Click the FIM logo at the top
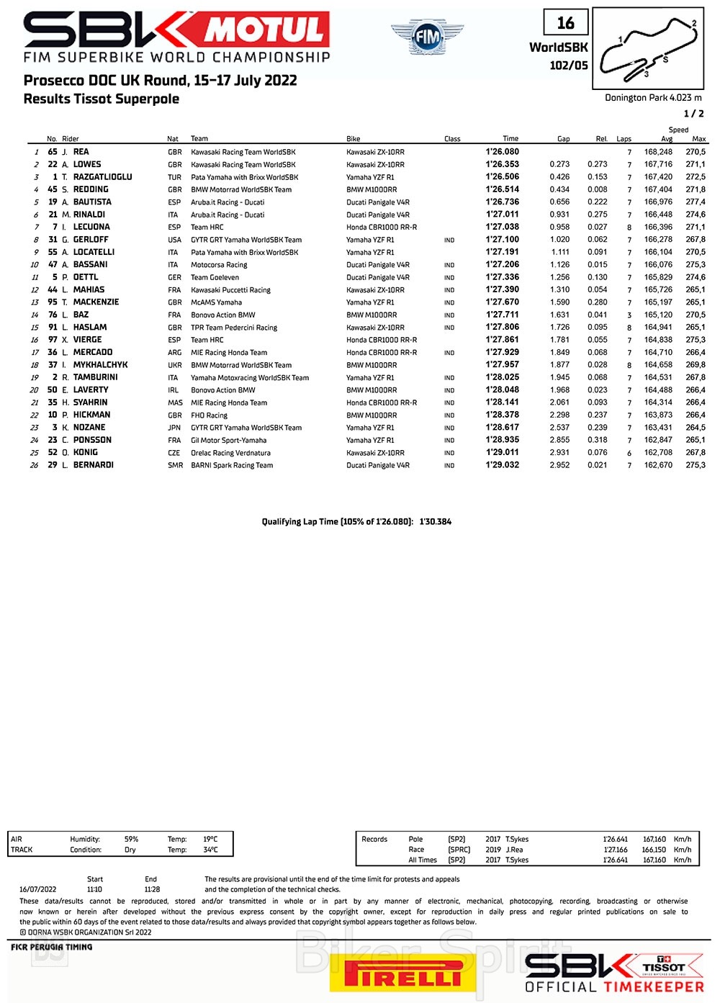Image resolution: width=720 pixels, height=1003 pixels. click(x=428, y=36)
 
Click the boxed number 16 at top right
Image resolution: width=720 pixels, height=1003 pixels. click(x=566, y=23)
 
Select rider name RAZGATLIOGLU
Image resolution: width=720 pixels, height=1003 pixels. click(x=102, y=177)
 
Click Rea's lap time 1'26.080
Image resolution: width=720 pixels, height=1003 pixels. click(x=502, y=152)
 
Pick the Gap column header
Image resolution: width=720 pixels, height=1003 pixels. click(x=563, y=139)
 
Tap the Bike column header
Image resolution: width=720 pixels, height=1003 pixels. click(x=353, y=139)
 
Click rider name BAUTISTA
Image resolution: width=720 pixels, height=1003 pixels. click(x=92, y=202)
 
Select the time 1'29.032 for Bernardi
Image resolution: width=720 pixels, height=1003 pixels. click(x=502, y=465)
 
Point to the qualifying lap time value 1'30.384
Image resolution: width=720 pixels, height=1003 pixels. click(x=436, y=522)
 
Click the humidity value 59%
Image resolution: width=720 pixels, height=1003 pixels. click(x=131, y=840)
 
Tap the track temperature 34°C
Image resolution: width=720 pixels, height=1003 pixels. click(x=210, y=850)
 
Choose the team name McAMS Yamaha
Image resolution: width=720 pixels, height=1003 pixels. click(x=216, y=302)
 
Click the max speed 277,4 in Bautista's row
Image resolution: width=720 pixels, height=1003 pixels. click(x=696, y=202)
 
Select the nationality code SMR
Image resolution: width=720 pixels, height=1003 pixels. click(x=175, y=465)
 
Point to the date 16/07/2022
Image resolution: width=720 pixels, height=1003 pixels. click(x=37, y=889)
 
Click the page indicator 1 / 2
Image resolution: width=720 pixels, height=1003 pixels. click(x=693, y=114)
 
